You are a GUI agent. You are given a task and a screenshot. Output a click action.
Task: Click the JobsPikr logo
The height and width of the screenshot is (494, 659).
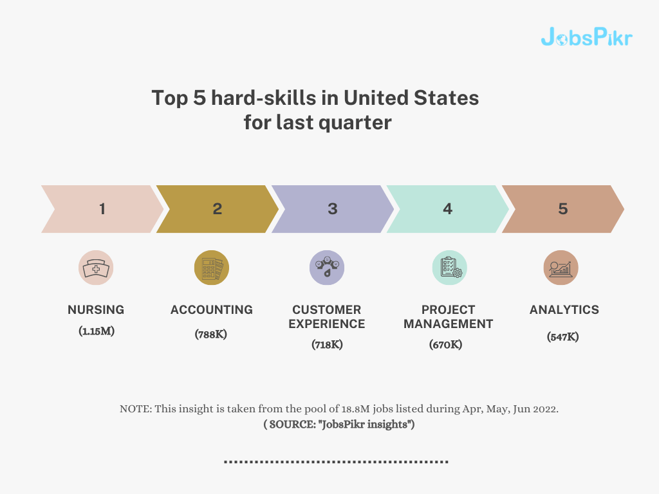point(587,37)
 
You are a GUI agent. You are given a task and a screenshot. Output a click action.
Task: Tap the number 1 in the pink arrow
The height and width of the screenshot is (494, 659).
point(102,209)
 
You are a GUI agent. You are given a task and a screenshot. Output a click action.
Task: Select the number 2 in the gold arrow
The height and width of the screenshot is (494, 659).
point(218,209)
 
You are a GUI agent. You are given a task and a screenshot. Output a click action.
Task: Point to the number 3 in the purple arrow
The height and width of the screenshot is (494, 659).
point(333,209)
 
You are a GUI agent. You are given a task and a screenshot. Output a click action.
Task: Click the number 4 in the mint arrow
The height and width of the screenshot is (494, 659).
point(448,209)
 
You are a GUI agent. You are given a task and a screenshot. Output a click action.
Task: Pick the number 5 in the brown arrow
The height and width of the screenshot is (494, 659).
point(562,209)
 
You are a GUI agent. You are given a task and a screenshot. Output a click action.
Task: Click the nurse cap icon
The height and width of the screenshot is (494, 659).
point(96,268)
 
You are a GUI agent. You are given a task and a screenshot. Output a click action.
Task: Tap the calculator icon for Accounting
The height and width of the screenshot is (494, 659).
point(211,268)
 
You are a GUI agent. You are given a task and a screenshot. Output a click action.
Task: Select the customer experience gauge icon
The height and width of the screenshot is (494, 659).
point(327,268)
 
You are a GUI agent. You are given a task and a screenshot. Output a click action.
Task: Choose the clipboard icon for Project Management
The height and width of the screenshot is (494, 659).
point(450,268)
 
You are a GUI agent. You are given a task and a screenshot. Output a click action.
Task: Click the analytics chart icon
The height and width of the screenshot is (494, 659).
point(561,268)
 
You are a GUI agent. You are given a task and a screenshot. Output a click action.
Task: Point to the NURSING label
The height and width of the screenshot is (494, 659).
point(96,309)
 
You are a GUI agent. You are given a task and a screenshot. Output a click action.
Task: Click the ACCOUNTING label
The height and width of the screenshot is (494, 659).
point(211,309)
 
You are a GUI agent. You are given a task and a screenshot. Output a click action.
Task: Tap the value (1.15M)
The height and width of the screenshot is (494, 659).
point(97,331)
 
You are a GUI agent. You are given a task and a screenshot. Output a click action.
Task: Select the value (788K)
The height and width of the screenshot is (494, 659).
point(210,334)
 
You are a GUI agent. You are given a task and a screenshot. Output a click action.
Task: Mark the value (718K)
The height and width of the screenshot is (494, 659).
point(327,345)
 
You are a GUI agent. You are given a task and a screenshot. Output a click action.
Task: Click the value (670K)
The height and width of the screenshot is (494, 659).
point(445,345)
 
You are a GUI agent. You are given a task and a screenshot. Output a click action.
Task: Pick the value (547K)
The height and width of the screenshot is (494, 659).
point(562,337)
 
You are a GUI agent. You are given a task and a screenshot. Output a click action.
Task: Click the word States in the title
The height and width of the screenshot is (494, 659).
point(447,98)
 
